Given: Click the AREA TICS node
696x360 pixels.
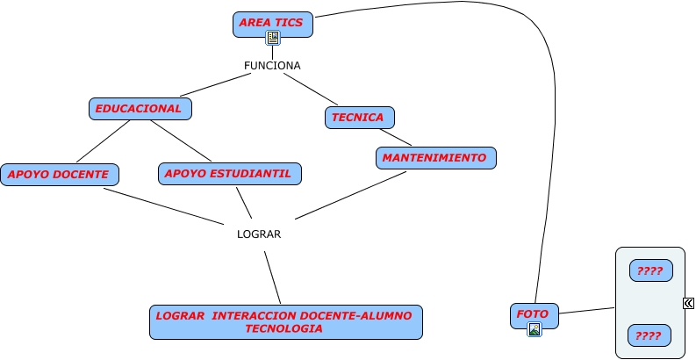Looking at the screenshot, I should point(272,21).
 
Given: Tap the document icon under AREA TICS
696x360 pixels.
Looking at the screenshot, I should point(273,38).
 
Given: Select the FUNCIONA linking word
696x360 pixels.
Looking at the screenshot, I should point(272,66).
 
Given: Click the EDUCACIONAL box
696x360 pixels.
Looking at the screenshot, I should point(140,109).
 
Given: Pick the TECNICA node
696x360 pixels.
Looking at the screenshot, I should point(359,117).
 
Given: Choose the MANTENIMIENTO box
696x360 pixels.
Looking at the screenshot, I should point(436,158).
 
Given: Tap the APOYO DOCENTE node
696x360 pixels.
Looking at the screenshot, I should point(59,175).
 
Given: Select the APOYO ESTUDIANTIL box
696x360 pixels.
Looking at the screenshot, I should point(230,173).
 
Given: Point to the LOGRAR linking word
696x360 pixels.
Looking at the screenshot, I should point(259,234).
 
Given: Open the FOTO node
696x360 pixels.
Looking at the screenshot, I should point(534,314).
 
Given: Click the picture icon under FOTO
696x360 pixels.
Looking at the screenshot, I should point(534,330).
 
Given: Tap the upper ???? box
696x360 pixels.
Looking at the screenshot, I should point(650,270).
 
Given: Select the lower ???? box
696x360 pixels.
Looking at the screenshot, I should point(649,335).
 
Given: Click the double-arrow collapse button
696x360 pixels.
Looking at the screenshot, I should point(688,303).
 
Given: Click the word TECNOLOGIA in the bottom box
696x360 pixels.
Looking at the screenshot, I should point(283,329).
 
